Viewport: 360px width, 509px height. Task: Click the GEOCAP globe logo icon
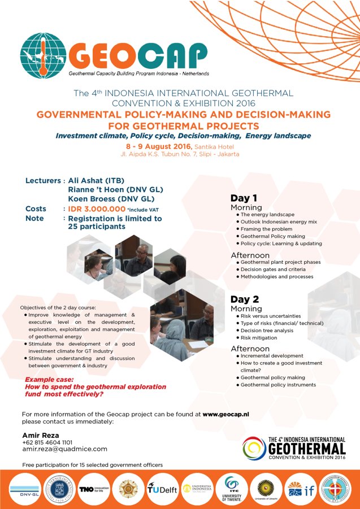pyautogui.click(x=43, y=55)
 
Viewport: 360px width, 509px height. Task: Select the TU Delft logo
pyautogui.click(x=162, y=489)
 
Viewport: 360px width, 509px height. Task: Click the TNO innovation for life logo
pyautogui.click(x=93, y=489)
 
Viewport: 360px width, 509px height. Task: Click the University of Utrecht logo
pyautogui.click(x=265, y=489)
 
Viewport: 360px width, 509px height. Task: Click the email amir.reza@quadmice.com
pyautogui.click(x=64, y=449)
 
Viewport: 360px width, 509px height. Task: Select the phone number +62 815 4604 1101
pyautogui.click(x=47, y=442)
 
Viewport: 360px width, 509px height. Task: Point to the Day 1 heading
pyautogui.click(x=244, y=198)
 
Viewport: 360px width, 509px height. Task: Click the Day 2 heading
pyautogui.click(x=244, y=299)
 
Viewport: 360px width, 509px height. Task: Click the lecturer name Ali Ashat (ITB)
pyautogui.click(x=99, y=181)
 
